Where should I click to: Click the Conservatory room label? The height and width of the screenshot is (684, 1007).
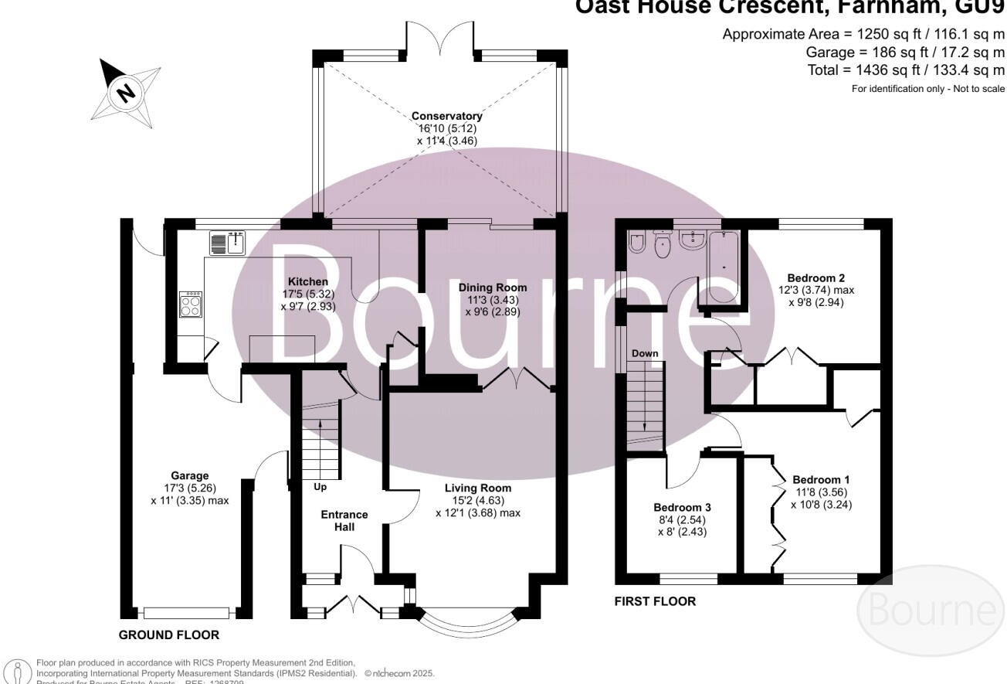(x=446, y=116)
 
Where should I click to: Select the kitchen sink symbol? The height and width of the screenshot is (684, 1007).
(x=227, y=243)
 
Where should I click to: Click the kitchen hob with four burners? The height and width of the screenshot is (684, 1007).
(x=190, y=304)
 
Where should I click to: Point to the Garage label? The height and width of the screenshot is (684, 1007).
(x=190, y=475)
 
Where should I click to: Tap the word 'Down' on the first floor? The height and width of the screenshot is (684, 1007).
(x=645, y=353)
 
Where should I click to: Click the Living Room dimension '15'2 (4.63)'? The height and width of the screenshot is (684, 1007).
(x=477, y=500)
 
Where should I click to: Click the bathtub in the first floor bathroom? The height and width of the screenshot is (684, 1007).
(x=724, y=268)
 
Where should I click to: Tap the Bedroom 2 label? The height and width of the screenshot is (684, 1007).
(x=816, y=278)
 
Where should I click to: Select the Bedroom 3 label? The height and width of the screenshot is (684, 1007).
(x=682, y=508)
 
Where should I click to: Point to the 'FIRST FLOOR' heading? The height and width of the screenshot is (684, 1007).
(x=655, y=601)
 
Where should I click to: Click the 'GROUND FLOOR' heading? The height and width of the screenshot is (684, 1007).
(x=168, y=635)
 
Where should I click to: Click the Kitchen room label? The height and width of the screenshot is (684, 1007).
(x=308, y=281)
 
